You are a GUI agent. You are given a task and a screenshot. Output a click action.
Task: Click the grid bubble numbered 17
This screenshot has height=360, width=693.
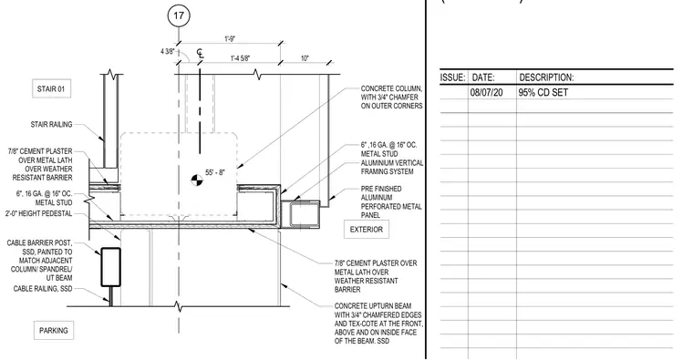(x=179, y=15)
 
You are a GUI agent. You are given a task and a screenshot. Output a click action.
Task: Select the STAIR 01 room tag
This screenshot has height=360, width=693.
(x=51, y=88)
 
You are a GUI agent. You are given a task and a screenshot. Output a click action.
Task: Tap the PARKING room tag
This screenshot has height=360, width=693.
(x=54, y=331)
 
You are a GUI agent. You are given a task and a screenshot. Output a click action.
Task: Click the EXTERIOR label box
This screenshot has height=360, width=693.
(x=367, y=230)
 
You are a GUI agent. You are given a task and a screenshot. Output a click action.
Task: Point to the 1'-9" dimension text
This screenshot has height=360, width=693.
(x=230, y=39)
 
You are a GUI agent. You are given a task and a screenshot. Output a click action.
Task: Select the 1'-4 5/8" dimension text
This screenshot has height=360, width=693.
(x=241, y=58)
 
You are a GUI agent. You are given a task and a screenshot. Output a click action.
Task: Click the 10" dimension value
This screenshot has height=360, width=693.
(x=305, y=58)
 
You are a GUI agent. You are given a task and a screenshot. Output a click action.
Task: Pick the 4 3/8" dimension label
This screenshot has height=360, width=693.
(x=167, y=52)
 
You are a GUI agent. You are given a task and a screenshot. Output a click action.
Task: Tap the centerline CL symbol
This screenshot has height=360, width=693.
(x=201, y=54)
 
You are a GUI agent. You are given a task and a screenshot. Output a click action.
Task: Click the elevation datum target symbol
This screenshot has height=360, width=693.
(x=197, y=180)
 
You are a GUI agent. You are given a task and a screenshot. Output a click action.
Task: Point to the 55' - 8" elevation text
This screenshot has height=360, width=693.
(x=215, y=172)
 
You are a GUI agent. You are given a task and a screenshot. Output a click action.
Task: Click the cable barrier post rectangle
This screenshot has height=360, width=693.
(x=111, y=267)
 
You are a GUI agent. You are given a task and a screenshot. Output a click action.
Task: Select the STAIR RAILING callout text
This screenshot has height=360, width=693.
(x=51, y=125)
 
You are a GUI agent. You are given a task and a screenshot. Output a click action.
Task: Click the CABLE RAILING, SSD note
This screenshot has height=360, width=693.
(x=43, y=288)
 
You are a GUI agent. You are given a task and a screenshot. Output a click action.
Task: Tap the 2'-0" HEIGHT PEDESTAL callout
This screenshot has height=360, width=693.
(x=38, y=213)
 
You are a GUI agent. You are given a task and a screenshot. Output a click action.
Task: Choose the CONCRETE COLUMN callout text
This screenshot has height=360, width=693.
(x=391, y=98)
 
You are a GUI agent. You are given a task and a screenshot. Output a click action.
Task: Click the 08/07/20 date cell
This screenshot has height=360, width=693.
(x=486, y=93)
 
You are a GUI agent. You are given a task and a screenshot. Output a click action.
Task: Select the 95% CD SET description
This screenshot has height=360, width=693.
(x=543, y=93)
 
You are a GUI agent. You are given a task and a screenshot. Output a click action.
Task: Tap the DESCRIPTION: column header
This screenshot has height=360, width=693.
(x=546, y=77)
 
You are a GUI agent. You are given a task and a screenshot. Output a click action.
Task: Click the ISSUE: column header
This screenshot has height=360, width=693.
(x=452, y=77)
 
